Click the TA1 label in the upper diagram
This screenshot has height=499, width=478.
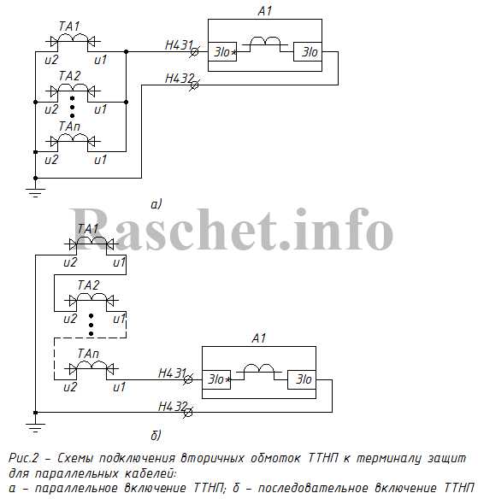tap(69, 26)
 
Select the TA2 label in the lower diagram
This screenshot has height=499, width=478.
tap(88, 285)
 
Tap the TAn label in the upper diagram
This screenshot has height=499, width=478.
tap(69, 126)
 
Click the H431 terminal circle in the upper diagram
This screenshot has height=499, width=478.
tap(194, 51)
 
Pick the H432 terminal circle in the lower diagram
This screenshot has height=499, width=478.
tap(188, 413)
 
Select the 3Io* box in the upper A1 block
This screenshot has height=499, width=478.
tap(222, 51)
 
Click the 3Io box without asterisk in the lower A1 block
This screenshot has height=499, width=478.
tap(302, 379)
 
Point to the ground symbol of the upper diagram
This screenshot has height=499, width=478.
tap(35, 193)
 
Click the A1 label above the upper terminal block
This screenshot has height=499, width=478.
tap(264, 11)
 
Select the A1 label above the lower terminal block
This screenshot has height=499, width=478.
tap(258, 338)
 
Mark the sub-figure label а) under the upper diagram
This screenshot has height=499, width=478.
tap(156, 204)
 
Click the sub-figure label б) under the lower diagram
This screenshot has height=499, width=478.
tap(156, 436)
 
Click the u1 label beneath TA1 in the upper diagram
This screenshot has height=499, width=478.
tap(101, 60)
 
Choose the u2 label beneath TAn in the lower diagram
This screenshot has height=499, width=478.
tap(70, 387)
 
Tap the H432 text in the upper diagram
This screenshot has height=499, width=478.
tap(180, 79)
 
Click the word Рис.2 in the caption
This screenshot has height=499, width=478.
tap(23, 458)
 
